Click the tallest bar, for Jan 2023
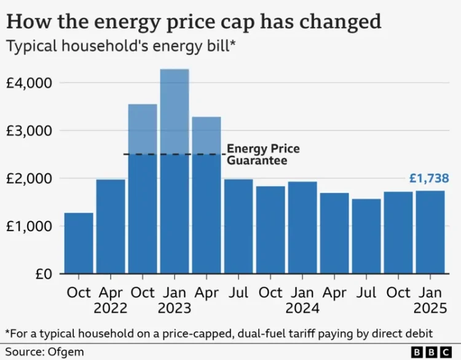coord(175,172)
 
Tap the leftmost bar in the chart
coord(79,243)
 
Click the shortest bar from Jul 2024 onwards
coord(366,237)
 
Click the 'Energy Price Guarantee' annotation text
coord(255,154)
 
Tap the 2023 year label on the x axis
coord(175,307)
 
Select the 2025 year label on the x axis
coord(430,307)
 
